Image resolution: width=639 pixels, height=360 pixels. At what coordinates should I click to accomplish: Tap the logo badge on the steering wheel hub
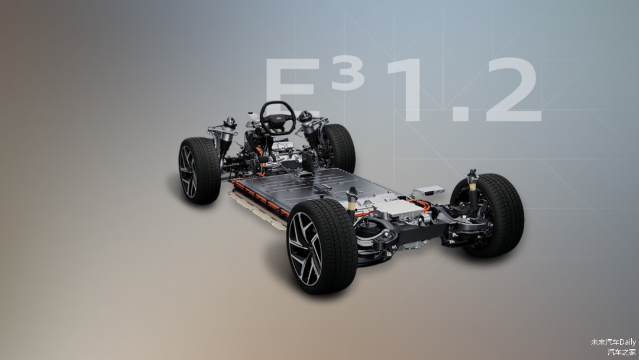278,118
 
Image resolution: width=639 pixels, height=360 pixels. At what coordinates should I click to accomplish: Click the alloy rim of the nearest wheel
305,249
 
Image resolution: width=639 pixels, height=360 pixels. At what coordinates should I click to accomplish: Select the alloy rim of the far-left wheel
188,171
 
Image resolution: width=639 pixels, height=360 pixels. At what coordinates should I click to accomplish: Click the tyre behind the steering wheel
339,147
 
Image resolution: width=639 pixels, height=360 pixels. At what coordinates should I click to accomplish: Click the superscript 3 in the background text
348,74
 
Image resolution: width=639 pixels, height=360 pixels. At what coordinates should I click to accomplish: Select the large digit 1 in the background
408,89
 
